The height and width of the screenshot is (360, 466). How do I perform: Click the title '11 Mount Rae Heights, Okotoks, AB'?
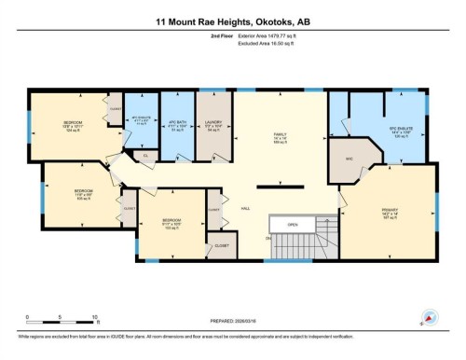[232, 20]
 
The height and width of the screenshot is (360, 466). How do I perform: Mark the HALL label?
[245, 209]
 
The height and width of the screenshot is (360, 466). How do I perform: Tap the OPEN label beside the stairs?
[293, 225]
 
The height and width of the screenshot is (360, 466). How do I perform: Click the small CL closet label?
[145, 155]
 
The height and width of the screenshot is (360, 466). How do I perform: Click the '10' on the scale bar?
[97, 317]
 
